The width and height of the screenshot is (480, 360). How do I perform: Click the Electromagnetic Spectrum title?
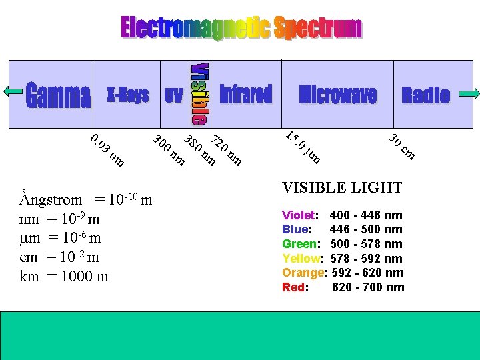pos(241,28)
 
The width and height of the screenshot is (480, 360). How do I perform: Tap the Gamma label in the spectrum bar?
pos(58,96)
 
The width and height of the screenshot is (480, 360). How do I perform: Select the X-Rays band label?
pos(128,95)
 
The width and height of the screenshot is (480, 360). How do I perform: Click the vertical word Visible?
pos(199,94)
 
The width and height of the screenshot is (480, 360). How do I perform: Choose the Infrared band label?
pos(246,95)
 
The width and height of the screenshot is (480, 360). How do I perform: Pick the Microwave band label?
pos(338,95)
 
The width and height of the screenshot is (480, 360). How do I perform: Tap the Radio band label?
pos(425,95)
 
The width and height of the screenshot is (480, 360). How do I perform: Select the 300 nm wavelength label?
pos(169,150)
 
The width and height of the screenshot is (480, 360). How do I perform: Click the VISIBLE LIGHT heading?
pos(342,187)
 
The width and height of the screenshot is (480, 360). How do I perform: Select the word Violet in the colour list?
pos(299,215)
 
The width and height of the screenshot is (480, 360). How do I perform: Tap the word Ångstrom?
pos(51,199)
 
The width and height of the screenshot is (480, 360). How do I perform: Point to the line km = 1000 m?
pos(64,276)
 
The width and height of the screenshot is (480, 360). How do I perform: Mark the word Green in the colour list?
pos(300,244)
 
